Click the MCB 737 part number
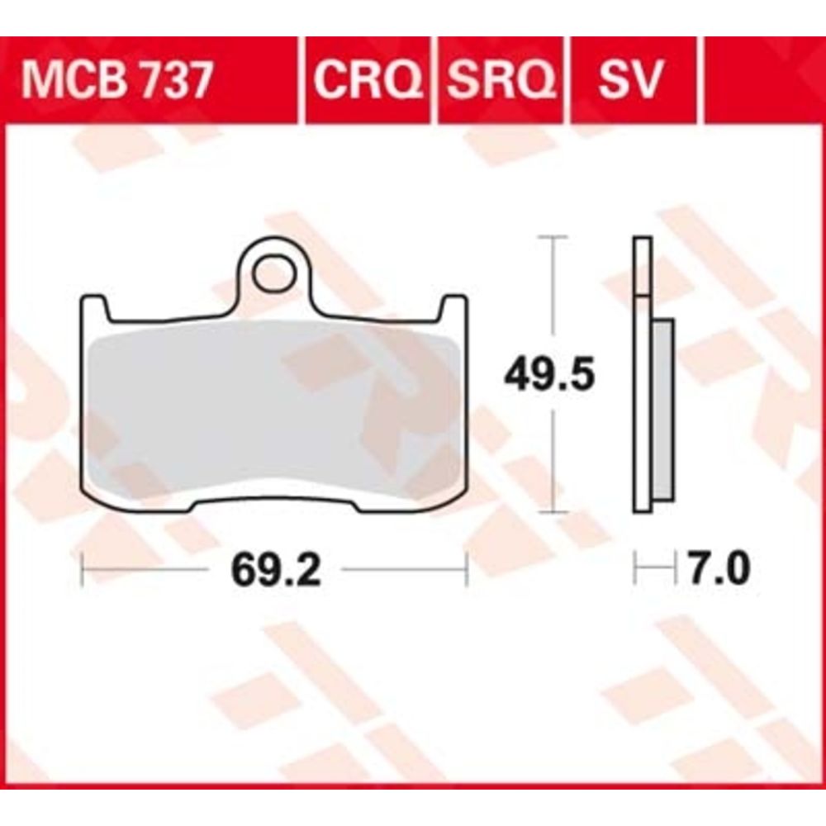coord(116,81)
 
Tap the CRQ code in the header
coord(368,81)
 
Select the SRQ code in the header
coord(501,81)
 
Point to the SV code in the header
coord(630,81)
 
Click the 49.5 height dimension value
coord(549,373)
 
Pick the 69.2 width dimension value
coord(276,570)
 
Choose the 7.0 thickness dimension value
coord(719,568)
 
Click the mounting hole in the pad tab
coord(273,274)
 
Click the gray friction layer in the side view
coord(663,410)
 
